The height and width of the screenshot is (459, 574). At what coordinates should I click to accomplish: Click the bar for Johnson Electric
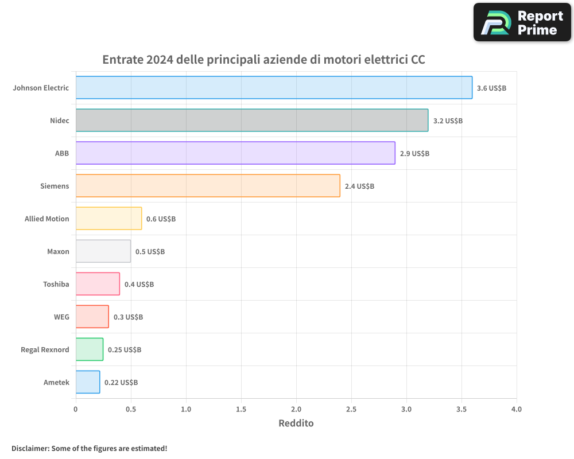(274, 88)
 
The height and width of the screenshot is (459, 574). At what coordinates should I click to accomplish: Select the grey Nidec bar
(251, 120)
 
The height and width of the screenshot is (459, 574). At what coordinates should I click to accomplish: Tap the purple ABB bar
(235, 153)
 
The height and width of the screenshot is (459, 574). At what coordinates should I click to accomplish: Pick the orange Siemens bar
(208, 186)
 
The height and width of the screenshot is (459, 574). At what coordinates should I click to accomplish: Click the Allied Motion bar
(108, 219)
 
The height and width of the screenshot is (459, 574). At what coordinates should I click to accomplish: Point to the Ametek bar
(88, 382)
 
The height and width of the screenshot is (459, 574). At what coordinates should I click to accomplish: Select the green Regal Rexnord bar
(90, 349)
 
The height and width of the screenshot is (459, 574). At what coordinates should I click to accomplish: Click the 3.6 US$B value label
(491, 88)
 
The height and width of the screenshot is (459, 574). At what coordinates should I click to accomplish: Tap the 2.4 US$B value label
(359, 186)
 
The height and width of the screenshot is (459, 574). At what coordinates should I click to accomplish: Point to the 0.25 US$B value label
(125, 350)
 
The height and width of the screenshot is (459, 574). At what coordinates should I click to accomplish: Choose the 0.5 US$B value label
(150, 252)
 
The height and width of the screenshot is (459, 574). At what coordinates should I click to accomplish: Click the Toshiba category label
(56, 284)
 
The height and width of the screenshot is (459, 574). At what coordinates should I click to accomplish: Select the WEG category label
(61, 317)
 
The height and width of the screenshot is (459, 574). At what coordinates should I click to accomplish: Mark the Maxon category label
(58, 251)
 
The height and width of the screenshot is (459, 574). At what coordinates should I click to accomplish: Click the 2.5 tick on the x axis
(351, 410)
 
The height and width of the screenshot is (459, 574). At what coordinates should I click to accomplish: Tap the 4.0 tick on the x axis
(517, 410)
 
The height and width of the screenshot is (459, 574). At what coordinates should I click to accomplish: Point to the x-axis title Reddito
(296, 423)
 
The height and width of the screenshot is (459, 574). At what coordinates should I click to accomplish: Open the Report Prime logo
(522, 22)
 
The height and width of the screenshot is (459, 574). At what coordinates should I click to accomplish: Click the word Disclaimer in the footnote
(30, 448)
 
